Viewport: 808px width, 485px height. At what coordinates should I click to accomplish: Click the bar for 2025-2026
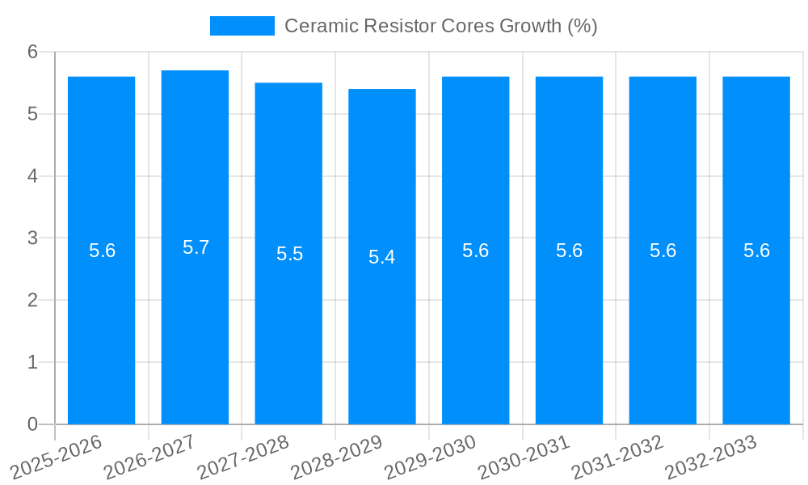pos(101,323)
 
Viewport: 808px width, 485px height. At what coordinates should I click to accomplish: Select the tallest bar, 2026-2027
pos(195,323)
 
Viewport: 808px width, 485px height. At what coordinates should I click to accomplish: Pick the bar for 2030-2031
pos(569,323)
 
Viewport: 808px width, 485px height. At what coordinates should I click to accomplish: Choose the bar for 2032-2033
pos(756,323)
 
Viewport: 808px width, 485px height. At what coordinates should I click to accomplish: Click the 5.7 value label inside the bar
pos(196,247)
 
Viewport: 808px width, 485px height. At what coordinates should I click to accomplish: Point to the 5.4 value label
pos(382,257)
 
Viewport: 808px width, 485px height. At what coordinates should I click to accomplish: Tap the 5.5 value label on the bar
pos(289,254)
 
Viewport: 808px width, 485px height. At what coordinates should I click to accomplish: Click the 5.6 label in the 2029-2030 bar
pos(475,251)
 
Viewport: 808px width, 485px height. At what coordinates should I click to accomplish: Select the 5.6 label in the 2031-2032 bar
pos(663,251)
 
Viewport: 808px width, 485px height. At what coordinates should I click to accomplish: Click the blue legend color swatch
pos(242,26)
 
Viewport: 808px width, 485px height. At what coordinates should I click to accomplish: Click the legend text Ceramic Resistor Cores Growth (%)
pos(440,26)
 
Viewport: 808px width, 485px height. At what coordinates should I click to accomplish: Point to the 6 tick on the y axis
pos(33,52)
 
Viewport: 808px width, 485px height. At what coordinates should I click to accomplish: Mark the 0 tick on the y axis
pos(33,424)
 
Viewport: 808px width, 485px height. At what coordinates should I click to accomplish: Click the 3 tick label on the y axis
pos(33,238)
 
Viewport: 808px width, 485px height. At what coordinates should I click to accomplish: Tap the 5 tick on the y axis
pos(33,114)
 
